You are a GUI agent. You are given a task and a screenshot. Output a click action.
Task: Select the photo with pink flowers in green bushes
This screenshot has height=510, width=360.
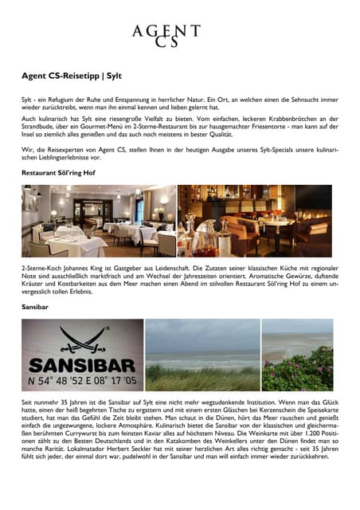(296, 355)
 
